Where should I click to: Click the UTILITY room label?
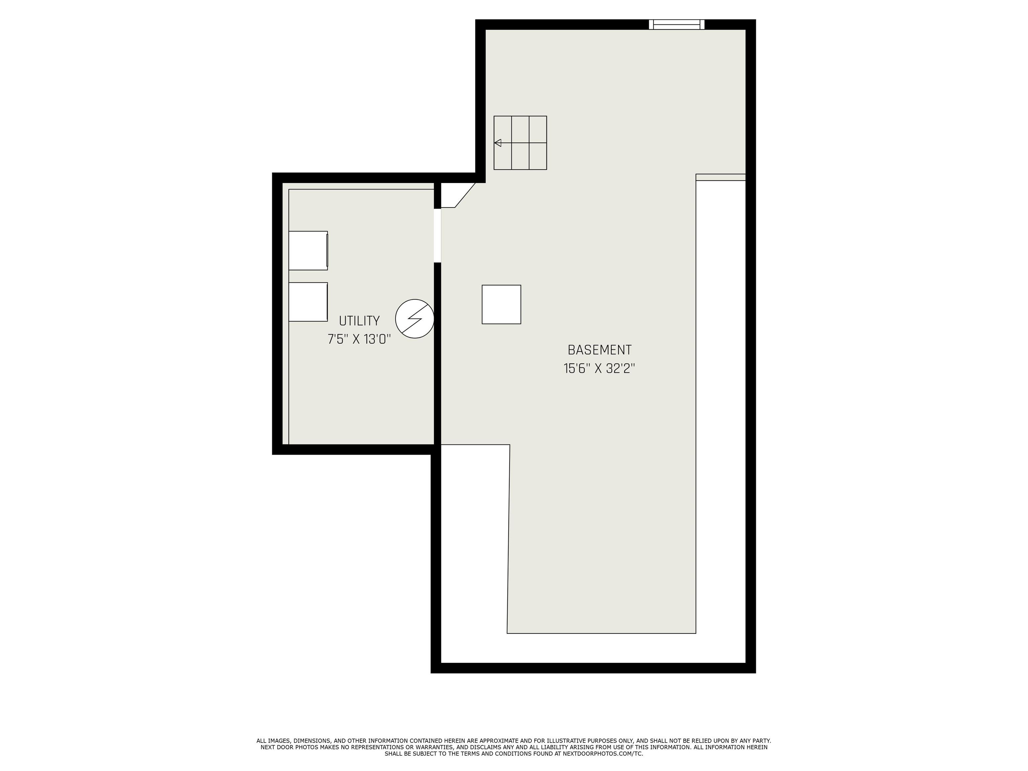359,321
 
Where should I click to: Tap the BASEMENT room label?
600,350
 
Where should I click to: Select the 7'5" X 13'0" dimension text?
359,339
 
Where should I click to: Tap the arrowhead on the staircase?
498,143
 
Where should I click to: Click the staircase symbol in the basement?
520,143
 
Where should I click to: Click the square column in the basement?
502,305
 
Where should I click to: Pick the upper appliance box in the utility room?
308,251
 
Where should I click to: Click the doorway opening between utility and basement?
437,236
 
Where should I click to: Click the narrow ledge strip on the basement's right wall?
721,177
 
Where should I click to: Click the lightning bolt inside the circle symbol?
415,318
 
